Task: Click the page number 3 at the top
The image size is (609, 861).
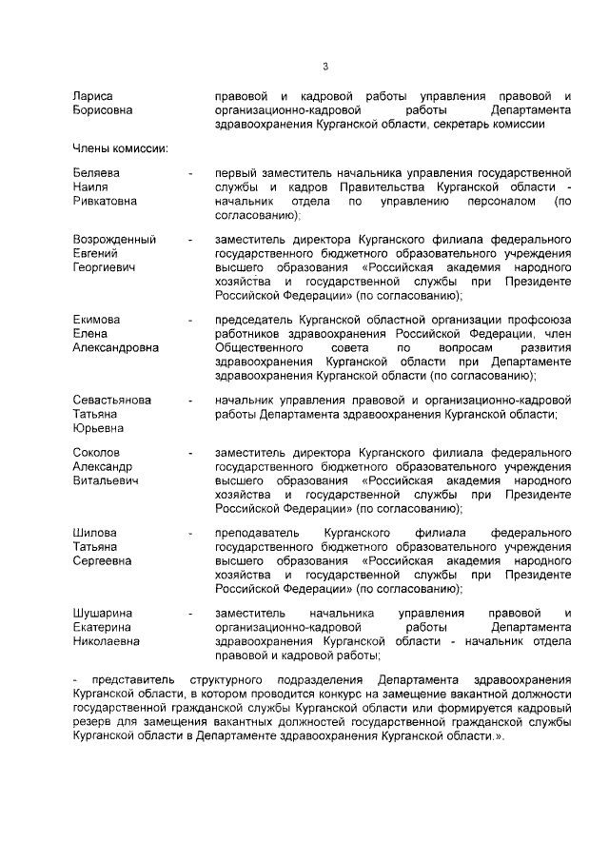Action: point(324,67)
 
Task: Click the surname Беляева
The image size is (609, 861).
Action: point(96,173)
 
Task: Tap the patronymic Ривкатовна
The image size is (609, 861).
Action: point(105,201)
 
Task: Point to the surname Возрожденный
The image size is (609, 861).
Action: point(114,240)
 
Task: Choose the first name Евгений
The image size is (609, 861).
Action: point(96,254)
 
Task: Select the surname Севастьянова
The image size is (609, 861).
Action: point(112,401)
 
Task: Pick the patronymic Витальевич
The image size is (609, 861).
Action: point(106,481)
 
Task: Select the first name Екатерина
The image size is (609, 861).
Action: point(103,628)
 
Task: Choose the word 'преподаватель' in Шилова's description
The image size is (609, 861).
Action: point(258,534)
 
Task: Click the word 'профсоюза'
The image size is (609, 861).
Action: point(544,320)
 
